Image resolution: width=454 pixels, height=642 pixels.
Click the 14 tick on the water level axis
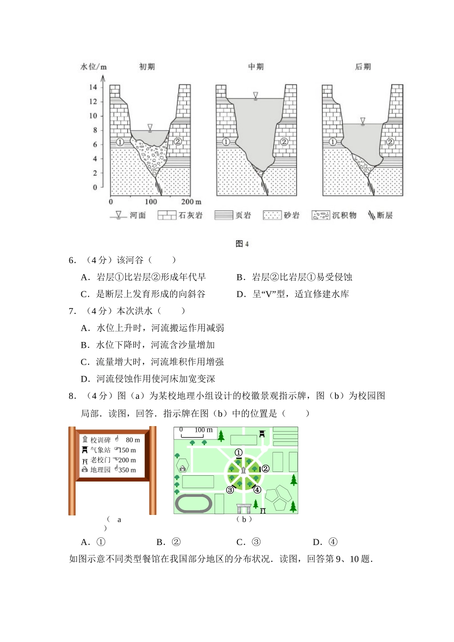pos(93,87)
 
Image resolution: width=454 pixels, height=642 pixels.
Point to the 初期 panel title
pos(147,67)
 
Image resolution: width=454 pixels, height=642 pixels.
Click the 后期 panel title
pos(363,67)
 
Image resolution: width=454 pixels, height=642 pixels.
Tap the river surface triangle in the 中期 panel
pos(256,96)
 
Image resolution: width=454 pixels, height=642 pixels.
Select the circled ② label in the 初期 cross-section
pos(177,141)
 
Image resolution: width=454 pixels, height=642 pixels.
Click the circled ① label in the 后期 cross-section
pos(333,142)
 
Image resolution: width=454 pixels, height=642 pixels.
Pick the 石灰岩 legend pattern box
pos(167,215)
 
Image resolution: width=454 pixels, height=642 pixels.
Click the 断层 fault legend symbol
pos(372,215)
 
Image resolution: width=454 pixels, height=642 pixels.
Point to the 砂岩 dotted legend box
pos(272,215)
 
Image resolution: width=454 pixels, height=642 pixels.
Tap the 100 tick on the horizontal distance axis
pos(151,202)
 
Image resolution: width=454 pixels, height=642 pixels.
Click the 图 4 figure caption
pos(242,244)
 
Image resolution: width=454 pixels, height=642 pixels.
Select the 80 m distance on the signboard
pos(133,440)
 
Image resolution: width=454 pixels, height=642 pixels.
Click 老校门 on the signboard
pos(100,460)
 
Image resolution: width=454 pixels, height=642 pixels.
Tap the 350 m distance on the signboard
pos(127,470)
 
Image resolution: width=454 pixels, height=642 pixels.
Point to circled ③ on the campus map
pos(230,490)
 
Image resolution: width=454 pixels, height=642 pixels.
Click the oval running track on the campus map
pos(194,503)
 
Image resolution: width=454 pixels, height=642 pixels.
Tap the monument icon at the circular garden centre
pos(243,471)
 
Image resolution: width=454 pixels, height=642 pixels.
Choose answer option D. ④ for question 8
pos(325,542)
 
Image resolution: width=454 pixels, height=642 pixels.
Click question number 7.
pos(72,311)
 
